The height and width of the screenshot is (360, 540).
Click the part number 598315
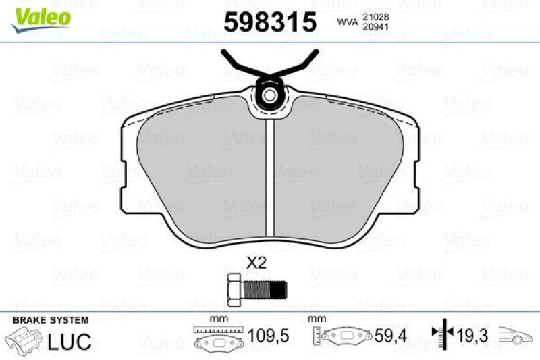point(269,23)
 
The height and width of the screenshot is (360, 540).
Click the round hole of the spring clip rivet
point(269,95)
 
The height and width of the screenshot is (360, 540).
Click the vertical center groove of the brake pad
point(269,176)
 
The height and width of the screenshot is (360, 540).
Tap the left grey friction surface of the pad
point(202,162)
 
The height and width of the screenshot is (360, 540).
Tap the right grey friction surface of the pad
point(337,162)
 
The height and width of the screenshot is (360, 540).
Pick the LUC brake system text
point(70,342)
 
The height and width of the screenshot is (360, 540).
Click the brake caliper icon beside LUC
point(24,340)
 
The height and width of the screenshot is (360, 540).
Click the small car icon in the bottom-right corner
point(518,335)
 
